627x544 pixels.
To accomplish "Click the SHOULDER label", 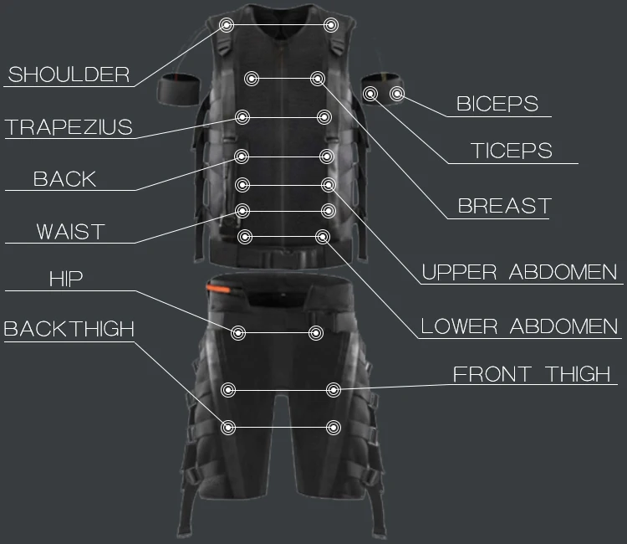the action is pos(69,74).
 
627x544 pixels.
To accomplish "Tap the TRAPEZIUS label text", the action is pos(69,127).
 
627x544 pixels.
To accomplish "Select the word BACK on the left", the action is pos(64,179).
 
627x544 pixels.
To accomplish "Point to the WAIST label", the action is pos(70,232).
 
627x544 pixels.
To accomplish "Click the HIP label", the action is pos(66,279).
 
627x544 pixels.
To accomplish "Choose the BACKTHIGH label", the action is pos(69,329).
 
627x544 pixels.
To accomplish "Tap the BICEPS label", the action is pos(497,104).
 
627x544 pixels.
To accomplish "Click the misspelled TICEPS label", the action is pos(512,151).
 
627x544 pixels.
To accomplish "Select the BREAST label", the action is pos(505,206).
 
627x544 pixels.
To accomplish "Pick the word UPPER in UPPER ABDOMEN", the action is pos(460,272).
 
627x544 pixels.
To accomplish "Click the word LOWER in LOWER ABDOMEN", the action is pos(459,326).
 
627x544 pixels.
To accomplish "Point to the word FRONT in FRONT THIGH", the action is pos(492,374).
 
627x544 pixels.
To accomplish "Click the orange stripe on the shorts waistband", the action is pos(218,288).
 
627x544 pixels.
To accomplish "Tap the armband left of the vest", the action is pos(178,90).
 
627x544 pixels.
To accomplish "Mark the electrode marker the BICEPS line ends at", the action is pos(397,94).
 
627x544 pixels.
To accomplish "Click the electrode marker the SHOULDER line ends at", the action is pos(227,25).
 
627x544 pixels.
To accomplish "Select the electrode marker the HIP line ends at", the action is pos(238,332).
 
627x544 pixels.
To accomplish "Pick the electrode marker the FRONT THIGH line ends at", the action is pos(334,390).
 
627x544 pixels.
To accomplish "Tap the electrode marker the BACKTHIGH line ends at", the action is pos(228,428).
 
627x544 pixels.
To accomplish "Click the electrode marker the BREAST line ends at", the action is pos(318,79).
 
